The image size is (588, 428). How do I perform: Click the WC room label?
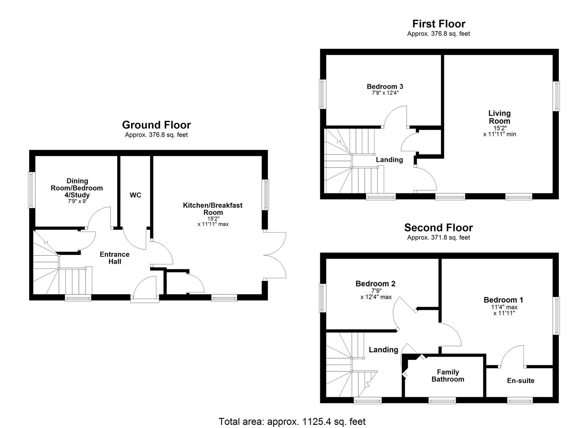point(135,195)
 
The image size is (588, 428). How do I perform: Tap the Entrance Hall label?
point(115,258)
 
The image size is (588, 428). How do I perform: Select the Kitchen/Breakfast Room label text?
point(213,209)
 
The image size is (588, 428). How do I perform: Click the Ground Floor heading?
point(156,125)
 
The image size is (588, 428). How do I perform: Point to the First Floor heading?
point(439,24)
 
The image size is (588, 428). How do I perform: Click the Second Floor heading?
point(439,228)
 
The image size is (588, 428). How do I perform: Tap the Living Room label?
point(499,117)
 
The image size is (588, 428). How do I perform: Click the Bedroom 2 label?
point(375,284)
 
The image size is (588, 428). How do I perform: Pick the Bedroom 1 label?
point(503,300)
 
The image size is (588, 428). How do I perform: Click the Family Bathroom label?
point(448,376)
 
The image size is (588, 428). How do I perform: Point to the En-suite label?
point(521,381)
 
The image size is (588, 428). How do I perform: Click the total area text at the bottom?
point(292,422)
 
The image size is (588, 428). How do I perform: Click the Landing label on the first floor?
point(389,160)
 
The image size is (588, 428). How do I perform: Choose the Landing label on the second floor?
point(383,350)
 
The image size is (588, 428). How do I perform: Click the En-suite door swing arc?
point(513,355)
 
